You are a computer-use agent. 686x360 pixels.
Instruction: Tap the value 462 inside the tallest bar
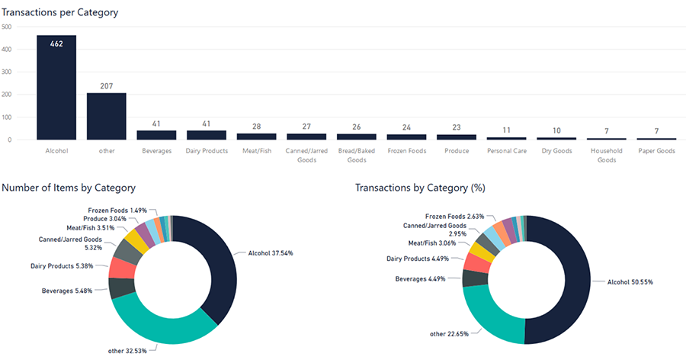56,44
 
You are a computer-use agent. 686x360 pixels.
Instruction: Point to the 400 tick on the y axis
7,50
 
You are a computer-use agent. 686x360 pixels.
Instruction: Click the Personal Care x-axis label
506,151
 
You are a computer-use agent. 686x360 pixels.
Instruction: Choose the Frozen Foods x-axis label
406,151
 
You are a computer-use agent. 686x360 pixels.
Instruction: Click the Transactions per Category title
60,13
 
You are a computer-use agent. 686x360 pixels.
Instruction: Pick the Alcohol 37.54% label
271,252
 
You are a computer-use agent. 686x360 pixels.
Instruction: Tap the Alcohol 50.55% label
629,281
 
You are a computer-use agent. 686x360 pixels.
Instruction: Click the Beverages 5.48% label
67,291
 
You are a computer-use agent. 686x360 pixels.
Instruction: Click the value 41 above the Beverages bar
156,124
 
